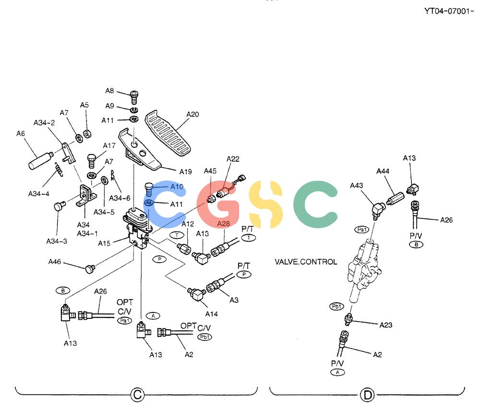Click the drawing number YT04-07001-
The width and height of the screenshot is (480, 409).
click(449, 12)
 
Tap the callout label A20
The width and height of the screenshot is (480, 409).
click(192, 115)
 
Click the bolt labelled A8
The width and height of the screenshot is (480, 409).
click(134, 97)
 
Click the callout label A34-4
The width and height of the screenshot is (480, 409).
click(38, 194)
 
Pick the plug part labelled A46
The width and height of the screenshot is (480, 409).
click(90, 269)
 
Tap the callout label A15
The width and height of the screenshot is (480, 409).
click(104, 243)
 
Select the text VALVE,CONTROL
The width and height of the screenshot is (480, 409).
click(306, 262)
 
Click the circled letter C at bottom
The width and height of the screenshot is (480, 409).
click(137, 394)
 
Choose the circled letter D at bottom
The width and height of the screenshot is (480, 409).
click(367, 395)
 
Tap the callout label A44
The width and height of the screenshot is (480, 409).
click(383, 171)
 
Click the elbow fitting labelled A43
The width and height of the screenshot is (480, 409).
click(378, 210)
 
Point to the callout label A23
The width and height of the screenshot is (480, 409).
click(386, 325)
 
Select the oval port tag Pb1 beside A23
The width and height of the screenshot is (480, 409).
click(337, 306)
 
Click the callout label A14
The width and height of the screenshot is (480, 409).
click(212, 314)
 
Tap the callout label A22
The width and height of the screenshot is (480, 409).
click(233, 159)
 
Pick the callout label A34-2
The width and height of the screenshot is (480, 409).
click(44, 123)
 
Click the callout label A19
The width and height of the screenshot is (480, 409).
click(185, 172)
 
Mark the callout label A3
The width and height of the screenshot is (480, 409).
click(234, 301)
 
